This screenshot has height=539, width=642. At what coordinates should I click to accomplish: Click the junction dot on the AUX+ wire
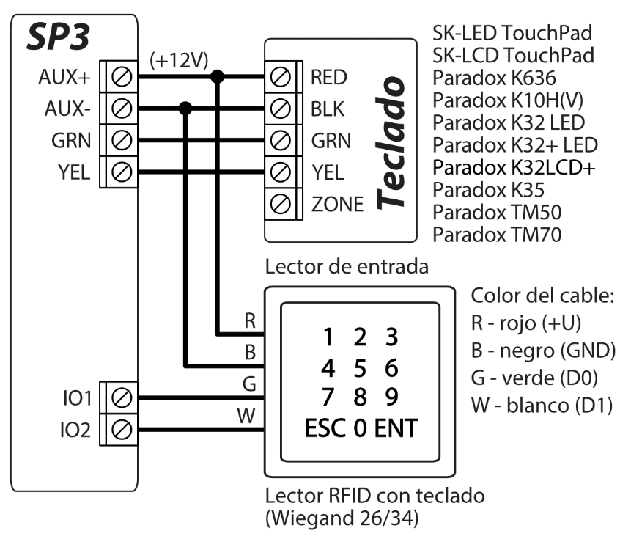tap(218, 76)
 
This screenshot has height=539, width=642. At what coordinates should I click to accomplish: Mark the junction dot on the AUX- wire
tap(185, 109)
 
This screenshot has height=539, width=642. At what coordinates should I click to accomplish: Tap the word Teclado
tap(391, 140)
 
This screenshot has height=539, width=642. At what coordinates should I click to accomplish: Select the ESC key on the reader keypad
tap(328, 428)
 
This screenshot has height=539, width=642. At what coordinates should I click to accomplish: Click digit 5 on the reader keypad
tap(359, 366)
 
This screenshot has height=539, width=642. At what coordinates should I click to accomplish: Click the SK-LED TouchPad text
tap(513, 33)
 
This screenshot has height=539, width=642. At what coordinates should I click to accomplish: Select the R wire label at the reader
tap(250, 320)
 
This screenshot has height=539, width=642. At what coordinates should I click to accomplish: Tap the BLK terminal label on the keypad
tap(327, 109)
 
